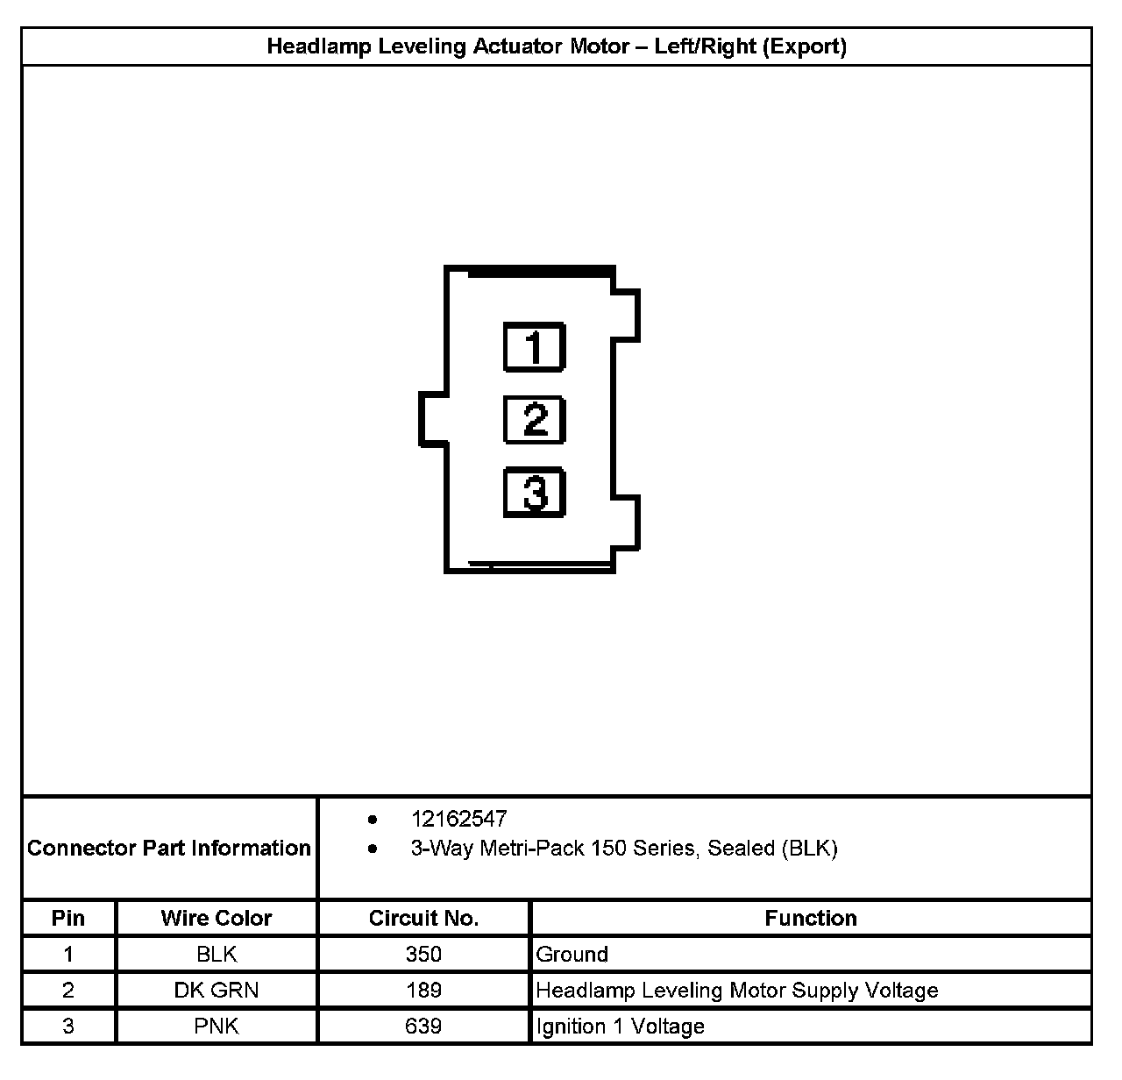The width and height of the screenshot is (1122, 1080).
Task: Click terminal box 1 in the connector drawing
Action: (x=534, y=347)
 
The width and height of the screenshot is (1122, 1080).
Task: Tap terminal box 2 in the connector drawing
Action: (x=534, y=419)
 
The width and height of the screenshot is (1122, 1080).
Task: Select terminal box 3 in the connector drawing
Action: (x=534, y=492)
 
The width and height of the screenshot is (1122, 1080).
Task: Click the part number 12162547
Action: (x=458, y=819)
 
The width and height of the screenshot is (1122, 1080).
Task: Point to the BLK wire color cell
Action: (x=217, y=954)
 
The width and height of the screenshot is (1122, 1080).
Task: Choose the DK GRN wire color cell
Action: (x=217, y=990)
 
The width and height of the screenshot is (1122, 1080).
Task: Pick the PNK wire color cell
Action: (x=217, y=1026)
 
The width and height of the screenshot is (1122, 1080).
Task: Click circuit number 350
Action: (x=423, y=954)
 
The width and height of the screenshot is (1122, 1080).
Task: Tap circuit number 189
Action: (x=423, y=990)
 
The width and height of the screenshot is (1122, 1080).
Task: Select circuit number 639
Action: (x=423, y=1026)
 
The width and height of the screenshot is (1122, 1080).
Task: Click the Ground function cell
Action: (x=572, y=954)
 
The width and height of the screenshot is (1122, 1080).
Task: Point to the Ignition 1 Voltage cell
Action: (x=620, y=1026)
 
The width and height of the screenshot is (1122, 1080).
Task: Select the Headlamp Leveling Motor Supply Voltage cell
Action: (x=736, y=990)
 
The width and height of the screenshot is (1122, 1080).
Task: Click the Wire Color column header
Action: (x=217, y=918)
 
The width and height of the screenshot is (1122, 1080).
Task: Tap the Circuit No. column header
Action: (x=423, y=918)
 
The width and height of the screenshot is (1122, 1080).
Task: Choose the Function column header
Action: (x=811, y=918)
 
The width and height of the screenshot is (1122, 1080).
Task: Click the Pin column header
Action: (x=68, y=918)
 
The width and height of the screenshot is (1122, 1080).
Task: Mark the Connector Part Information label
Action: (x=169, y=848)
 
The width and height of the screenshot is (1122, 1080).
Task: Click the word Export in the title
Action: (x=804, y=46)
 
